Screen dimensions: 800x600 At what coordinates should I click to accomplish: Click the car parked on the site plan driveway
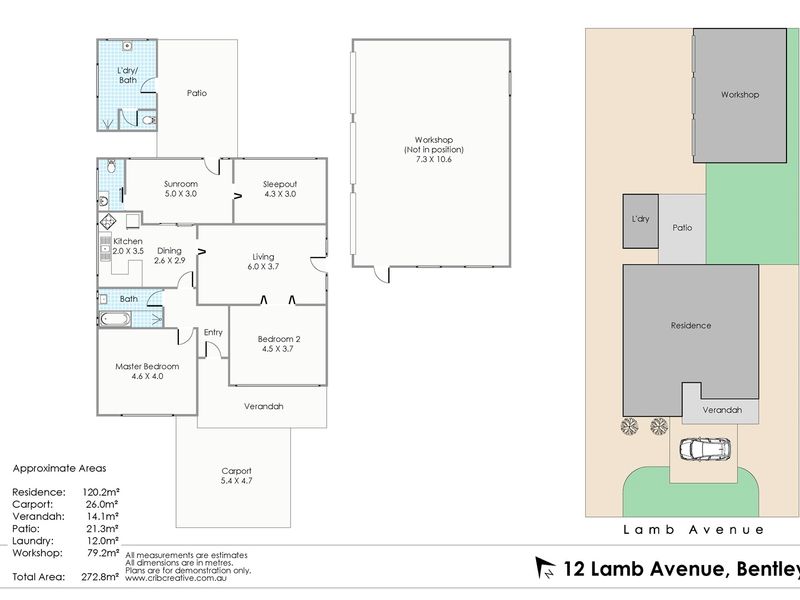(x=705, y=449)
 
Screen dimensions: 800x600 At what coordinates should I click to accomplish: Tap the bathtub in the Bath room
(x=115, y=319)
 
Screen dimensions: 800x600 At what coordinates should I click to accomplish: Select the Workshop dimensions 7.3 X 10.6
(x=434, y=159)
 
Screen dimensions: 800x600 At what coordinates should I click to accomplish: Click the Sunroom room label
(x=181, y=184)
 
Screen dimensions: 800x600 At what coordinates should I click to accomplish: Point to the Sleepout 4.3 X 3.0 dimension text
(x=280, y=194)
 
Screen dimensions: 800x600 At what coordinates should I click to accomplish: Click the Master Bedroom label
(x=147, y=366)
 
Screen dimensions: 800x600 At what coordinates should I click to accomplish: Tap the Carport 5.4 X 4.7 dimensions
(x=236, y=481)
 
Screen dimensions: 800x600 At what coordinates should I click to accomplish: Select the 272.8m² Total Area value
(x=100, y=577)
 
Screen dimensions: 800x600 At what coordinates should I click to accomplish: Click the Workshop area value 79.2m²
(x=103, y=553)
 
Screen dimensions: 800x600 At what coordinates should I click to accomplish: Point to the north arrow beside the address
(x=545, y=568)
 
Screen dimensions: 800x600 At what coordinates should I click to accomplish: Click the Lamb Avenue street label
(x=693, y=530)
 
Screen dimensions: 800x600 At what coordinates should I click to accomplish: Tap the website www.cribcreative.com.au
(x=176, y=579)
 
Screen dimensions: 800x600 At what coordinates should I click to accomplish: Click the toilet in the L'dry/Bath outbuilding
(x=148, y=120)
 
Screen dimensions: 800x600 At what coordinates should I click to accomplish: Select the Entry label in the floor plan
(x=213, y=332)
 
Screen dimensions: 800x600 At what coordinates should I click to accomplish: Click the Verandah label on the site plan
(x=722, y=410)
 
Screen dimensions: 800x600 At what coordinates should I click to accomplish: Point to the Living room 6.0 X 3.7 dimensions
(x=263, y=266)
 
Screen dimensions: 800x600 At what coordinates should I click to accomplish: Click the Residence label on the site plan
(x=691, y=325)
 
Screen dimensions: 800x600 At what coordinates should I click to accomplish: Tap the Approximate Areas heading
(x=60, y=468)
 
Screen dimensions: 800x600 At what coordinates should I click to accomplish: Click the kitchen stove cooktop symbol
(x=108, y=221)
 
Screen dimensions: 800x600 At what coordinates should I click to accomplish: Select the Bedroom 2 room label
(x=279, y=339)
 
